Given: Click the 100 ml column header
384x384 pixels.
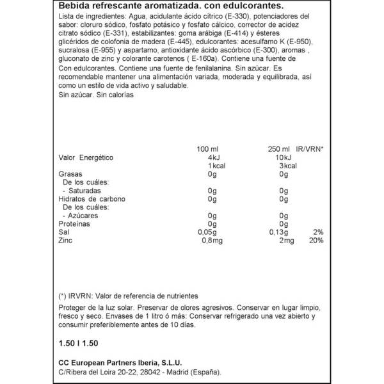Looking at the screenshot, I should pyautogui.click(x=208, y=148).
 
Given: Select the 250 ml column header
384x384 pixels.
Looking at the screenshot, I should pyautogui.click(x=279, y=148).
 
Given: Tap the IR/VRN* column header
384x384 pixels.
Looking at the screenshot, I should pyautogui.click(x=310, y=148).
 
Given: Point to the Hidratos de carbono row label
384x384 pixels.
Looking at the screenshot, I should pyautogui.click(x=92, y=199).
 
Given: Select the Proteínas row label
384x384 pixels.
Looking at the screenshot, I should pyautogui.click(x=74, y=223).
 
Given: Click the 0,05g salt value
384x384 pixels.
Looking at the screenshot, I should pyautogui.click(x=207, y=232).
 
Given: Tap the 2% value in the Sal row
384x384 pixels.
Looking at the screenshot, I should pyautogui.click(x=318, y=232).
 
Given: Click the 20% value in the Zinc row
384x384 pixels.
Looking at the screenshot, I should pyautogui.click(x=316, y=241).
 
